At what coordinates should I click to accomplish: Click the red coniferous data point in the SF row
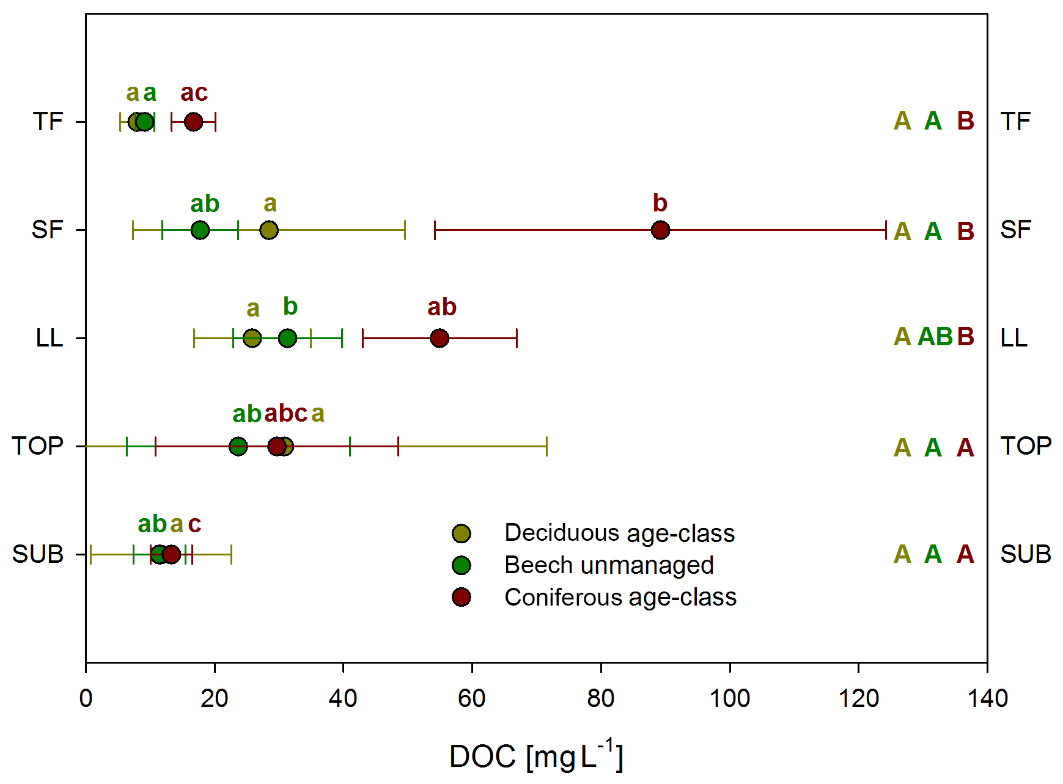coord(660,230)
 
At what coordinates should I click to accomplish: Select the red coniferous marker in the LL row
coord(440,338)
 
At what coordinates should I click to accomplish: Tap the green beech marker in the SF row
coord(200,230)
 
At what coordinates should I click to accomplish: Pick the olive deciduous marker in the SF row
coord(269,230)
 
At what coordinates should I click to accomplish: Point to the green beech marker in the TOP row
coord(238,446)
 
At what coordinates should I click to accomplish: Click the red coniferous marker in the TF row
coord(193,122)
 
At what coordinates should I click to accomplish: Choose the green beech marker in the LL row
coord(287,338)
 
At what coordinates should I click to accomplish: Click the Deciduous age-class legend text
coord(619,533)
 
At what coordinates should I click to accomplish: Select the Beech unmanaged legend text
coord(609,565)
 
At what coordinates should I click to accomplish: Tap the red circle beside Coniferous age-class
coord(462,597)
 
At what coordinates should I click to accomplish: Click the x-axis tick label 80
coord(600,698)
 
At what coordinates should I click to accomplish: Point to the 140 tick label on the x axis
coord(987,698)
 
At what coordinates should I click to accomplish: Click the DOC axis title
coord(536,756)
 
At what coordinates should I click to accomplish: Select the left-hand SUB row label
coord(38,554)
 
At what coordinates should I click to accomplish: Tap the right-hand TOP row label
coord(1026,446)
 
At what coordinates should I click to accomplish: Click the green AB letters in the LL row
coord(935,337)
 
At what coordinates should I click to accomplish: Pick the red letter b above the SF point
coord(660,203)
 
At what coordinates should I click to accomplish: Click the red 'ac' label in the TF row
coord(194,93)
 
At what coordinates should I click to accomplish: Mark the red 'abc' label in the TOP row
coord(285,414)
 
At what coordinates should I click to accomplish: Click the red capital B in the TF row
coord(966,121)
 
